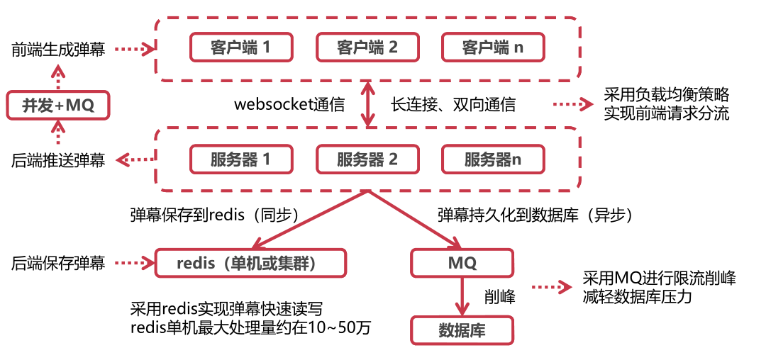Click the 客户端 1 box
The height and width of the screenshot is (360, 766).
[240, 47]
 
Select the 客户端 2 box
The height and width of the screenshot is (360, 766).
[367, 47]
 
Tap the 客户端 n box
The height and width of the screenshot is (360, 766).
[493, 47]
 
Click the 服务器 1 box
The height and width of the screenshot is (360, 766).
[240, 159]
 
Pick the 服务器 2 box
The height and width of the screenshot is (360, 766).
[367, 159]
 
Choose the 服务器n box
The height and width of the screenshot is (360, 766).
[493, 159]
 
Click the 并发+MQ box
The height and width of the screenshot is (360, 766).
[58, 106]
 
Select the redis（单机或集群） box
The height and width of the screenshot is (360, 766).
[251, 263]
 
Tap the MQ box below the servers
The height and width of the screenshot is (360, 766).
[462, 263]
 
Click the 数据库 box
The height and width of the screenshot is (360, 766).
[462, 330]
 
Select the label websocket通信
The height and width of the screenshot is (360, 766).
[289, 105]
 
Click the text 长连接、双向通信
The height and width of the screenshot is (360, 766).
[453, 105]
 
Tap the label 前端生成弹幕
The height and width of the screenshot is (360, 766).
[58, 50]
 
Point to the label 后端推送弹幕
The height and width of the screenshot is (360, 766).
[58, 160]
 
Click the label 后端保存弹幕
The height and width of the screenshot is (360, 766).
[58, 263]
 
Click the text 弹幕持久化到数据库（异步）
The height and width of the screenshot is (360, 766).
[534, 214]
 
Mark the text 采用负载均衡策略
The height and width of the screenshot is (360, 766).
[666, 95]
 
